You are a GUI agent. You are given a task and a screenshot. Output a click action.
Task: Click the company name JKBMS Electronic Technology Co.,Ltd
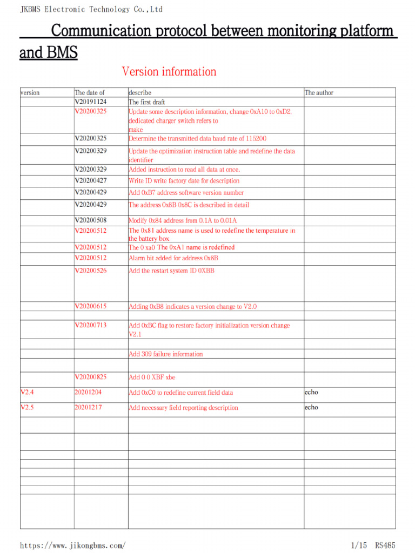[91, 9]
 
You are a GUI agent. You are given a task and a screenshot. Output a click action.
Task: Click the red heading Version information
[169, 72]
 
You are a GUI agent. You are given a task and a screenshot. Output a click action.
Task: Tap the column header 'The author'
[319, 93]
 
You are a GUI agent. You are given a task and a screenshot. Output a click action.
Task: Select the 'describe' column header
[140, 93]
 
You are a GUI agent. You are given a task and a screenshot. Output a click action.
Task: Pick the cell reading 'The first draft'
[146, 102]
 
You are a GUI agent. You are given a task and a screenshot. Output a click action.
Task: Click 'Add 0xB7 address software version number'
[186, 193]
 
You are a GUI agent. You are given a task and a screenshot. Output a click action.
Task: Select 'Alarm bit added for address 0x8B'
[173, 258]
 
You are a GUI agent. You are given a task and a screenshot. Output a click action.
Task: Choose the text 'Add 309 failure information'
[166, 354]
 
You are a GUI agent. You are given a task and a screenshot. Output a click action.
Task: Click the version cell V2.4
[27, 393]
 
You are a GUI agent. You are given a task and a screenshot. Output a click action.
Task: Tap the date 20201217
[89, 408]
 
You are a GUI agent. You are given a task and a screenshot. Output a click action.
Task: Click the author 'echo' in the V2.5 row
[311, 408]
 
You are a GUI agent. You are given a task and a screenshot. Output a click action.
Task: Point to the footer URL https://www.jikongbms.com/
[73, 545]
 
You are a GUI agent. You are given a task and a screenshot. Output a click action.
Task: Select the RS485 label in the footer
[386, 545]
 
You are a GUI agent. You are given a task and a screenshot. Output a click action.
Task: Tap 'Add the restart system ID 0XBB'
[171, 271]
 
